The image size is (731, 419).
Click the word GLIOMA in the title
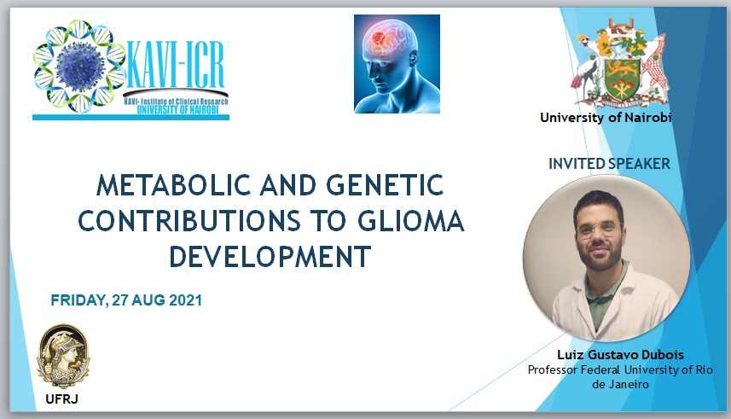pyautogui.click(x=411, y=221)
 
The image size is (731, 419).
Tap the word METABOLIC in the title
pyautogui.click(x=173, y=185)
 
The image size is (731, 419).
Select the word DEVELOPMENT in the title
pyautogui.click(x=270, y=257)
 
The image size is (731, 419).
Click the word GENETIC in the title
pyautogui.click(x=385, y=185)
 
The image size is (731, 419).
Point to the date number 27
pyautogui.click(x=119, y=300)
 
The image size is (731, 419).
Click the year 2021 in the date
pyautogui.click(x=186, y=300)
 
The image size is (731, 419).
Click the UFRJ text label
pyautogui.click(x=61, y=399)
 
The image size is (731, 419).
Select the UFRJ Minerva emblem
pyautogui.click(x=63, y=357)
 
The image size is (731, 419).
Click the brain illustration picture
pyautogui.click(x=397, y=64)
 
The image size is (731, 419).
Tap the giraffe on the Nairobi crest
pyautogui.click(x=656, y=67)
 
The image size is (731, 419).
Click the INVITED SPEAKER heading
pyautogui.click(x=609, y=164)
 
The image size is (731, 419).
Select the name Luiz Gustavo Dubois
pyautogui.click(x=620, y=355)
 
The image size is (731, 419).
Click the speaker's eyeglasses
pyautogui.click(x=599, y=229)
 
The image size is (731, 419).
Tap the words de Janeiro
pyautogui.click(x=620, y=385)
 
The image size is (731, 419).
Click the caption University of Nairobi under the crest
pyautogui.click(x=606, y=118)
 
